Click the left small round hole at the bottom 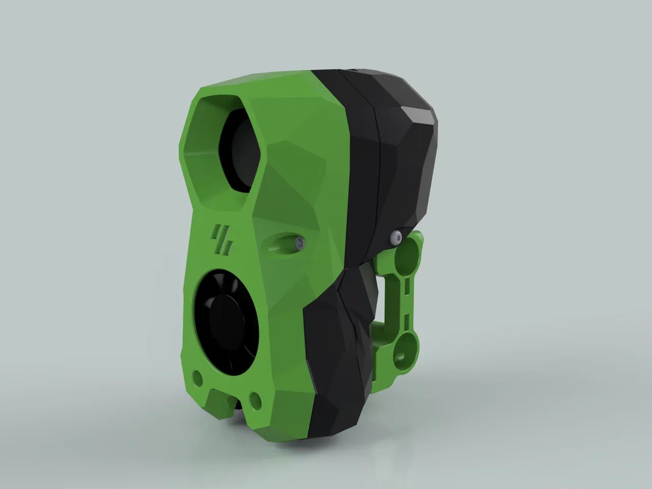(x=197, y=377)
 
